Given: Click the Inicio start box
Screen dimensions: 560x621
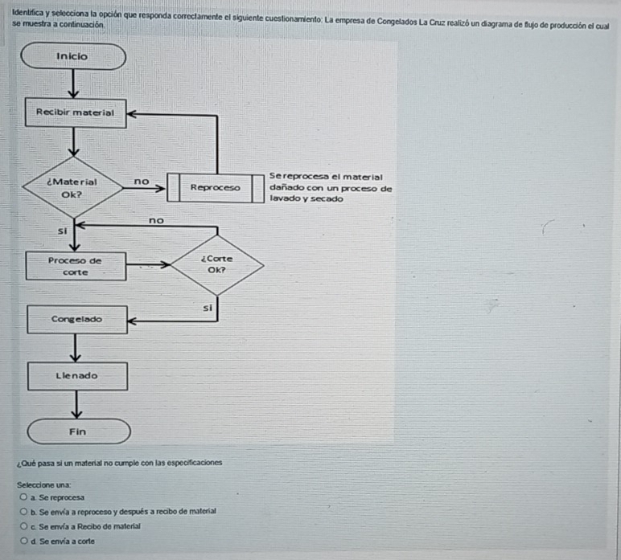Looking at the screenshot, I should [74, 57].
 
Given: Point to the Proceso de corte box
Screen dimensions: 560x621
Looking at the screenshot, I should [76, 266].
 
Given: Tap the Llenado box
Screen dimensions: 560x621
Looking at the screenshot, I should [77, 375].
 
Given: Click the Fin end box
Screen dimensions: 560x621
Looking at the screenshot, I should [77, 431].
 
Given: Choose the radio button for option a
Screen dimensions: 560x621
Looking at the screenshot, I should [24, 498].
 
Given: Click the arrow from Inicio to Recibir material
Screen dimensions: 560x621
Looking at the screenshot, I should [75, 84].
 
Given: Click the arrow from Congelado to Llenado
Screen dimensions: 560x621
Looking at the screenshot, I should [76, 347].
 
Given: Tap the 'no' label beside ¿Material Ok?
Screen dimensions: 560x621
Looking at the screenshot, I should [142, 181].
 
